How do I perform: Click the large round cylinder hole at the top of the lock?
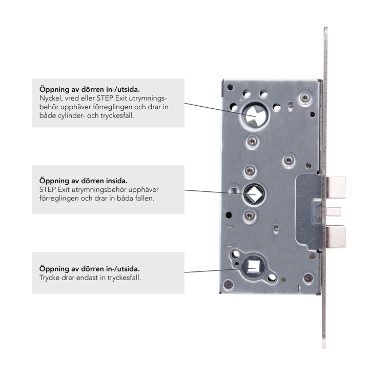(254, 115)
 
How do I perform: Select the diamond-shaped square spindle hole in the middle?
(254, 194)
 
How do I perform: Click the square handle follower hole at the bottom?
(253, 266)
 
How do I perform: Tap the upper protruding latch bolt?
(336, 187)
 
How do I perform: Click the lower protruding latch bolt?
(336, 237)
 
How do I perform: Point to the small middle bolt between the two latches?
(333, 211)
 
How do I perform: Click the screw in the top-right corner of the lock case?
(304, 97)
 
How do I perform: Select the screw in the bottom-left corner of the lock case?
(228, 284)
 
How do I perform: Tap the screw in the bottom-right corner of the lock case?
(308, 278)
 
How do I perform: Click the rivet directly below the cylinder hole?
(252, 142)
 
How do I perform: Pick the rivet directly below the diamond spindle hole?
(250, 216)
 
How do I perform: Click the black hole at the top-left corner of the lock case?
(230, 88)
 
